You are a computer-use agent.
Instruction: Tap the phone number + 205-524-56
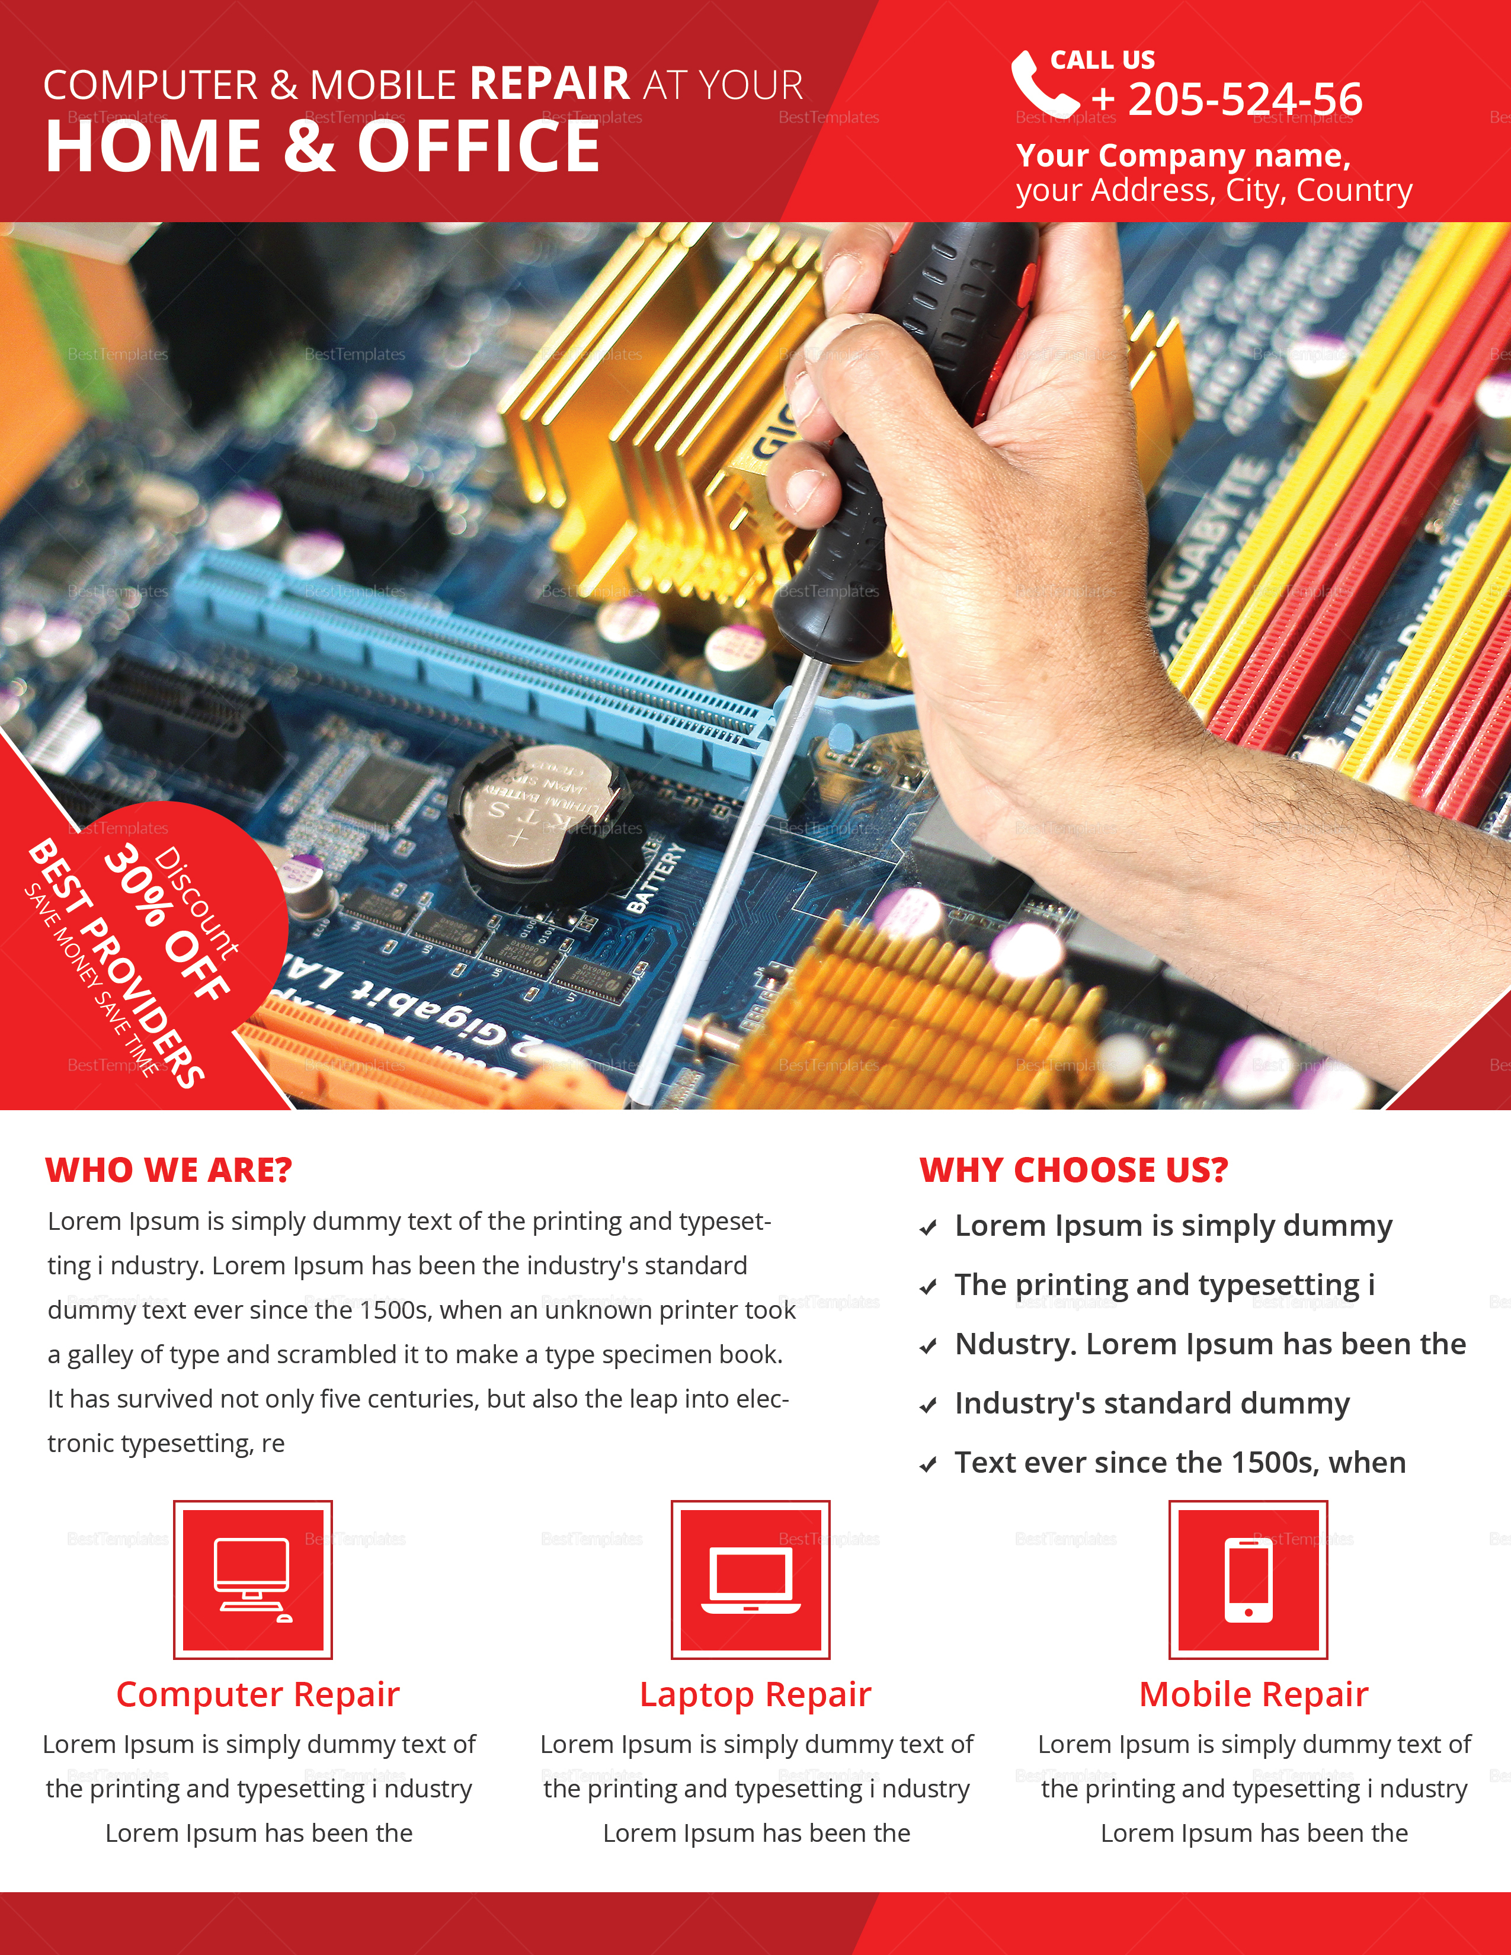(x=1227, y=100)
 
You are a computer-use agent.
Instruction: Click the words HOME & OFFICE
(x=322, y=147)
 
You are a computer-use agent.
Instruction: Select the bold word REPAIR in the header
(x=550, y=84)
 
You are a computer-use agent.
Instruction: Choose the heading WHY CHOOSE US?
(x=1073, y=1170)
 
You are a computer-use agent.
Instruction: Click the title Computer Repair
(x=258, y=1694)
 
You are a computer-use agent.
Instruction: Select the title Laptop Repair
(x=754, y=1694)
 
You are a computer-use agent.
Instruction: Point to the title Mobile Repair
(x=1253, y=1694)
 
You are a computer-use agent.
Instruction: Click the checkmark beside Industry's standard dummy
(x=929, y=1405)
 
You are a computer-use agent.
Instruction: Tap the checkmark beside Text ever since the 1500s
(x=929, y=1464)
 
